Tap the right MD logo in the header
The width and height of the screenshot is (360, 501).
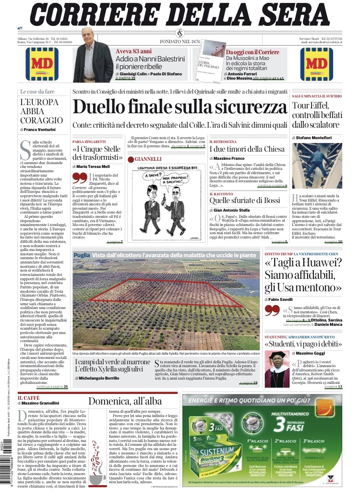[316, 63]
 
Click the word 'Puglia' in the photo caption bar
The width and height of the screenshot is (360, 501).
[82, 255]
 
